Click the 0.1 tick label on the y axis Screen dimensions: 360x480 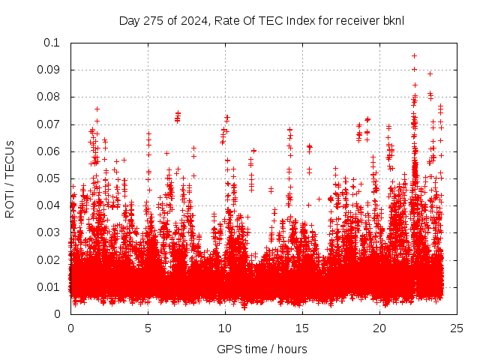point(52,43)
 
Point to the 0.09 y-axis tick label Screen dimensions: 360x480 point(49,70)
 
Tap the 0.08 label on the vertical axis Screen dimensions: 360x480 point(49,97)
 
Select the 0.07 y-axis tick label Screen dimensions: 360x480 point(49,124)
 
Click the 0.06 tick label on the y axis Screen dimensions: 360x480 point(49,151)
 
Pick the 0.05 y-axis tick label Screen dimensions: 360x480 point(49,178)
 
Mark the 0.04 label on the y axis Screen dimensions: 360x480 point(49,205)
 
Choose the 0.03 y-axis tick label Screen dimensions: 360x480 point(49,232)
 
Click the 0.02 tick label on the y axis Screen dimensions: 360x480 point(49,260)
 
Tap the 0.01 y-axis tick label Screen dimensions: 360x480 point(49,287)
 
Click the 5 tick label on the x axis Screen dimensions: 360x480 point(148,328)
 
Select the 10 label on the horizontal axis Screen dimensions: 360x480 point(225,328)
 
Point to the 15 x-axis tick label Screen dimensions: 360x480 point(302,328)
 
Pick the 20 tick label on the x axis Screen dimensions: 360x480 point(379,328)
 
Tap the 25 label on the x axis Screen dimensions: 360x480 point(457,328)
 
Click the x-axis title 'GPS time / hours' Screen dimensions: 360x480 point(262,349)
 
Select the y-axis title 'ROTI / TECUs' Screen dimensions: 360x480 point(10,178)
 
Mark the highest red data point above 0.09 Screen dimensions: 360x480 point(414,55)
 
